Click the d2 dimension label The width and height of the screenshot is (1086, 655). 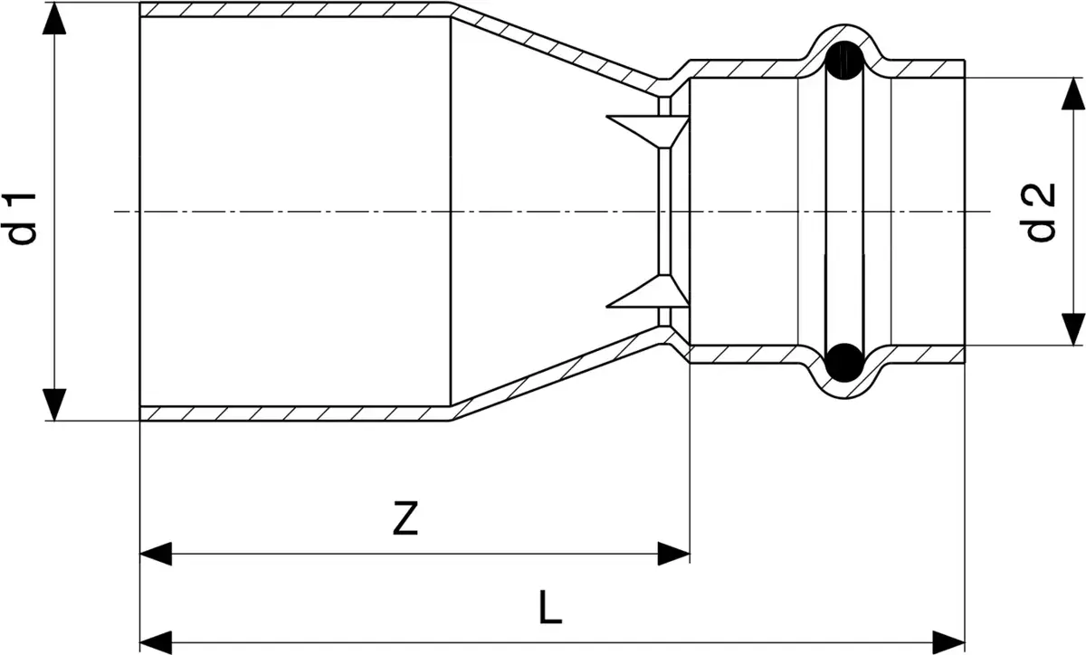click(x=1041, y=213)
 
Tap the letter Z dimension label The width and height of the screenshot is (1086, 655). click(x=405, y=518)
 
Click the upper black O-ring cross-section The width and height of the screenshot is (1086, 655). click(x=844, y=61)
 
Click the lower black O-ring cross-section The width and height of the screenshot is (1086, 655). click(x=844, y=362)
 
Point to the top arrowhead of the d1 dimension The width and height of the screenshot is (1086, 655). click(x=54, y=18)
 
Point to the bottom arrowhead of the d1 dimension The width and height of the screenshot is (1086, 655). click(x=54, y=404)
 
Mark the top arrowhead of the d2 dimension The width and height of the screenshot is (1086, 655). click(x=1073, y=93)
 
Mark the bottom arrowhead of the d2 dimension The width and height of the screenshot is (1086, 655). click(x=1073, y=329)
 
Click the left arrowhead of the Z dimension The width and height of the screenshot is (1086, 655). click(x=156, y=554)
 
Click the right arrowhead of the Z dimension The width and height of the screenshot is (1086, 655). click(x=673, y=554)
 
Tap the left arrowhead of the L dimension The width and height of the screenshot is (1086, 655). click(x=156, y=643)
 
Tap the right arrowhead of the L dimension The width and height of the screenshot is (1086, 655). click(x=948, y=643)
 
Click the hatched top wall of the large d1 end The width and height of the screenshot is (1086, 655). click(x=296, y=10)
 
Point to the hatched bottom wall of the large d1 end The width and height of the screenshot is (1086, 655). click(x=296, y=413)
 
